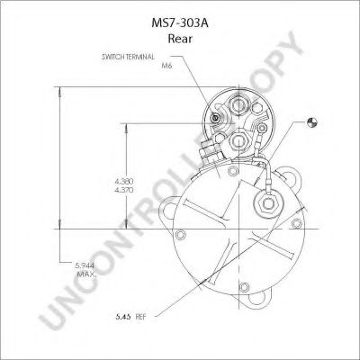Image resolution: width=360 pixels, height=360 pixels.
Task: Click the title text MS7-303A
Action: click(180, 23)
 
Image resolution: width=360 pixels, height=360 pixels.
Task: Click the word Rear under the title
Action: click(180, 39)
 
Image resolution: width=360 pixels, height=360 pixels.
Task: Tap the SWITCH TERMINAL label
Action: click(128, 57)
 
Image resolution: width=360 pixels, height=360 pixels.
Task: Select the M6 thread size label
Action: click(166, 66)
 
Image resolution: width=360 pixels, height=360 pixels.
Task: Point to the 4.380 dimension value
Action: click(124, 182)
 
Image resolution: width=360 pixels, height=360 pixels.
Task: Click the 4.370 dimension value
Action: click(124, 190)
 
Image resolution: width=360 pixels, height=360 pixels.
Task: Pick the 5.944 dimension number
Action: click(85, 265)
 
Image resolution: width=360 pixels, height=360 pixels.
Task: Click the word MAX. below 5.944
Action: click(87, 274)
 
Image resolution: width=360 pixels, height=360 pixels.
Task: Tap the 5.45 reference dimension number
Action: click(123, 317)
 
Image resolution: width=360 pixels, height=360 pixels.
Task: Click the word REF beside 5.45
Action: click(140, 317)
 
